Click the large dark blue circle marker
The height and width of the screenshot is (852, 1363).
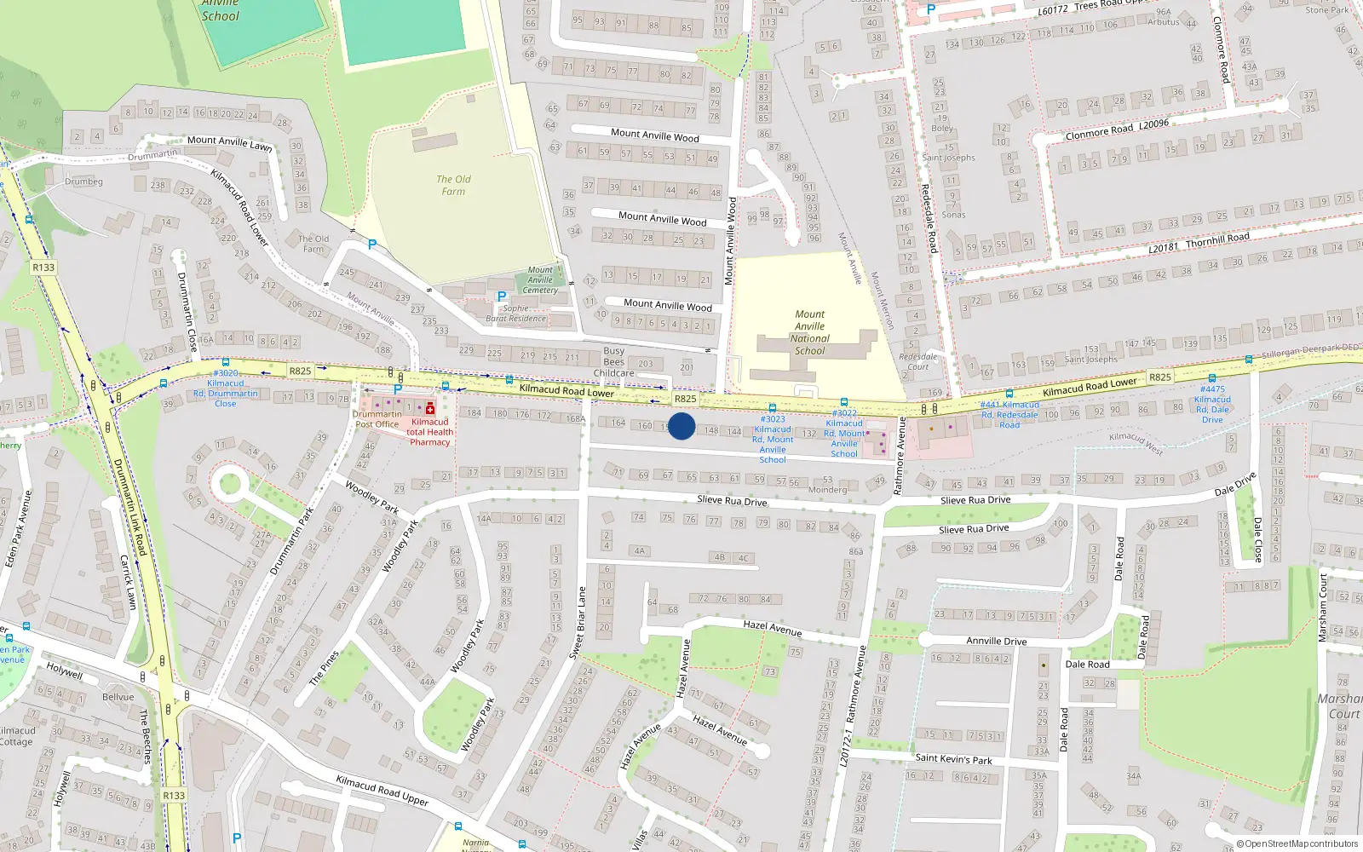681,426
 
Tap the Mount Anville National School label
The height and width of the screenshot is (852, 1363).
809,332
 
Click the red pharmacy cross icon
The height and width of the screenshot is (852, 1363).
430,408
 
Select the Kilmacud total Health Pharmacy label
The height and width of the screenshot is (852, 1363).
430,432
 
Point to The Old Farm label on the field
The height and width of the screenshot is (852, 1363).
453,185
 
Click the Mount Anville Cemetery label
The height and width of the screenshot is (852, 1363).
540,280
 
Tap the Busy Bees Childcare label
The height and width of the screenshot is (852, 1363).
613,362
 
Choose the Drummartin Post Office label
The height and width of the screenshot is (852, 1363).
377,419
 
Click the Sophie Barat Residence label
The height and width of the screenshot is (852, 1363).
515,314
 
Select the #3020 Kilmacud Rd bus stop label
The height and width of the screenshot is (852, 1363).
225,388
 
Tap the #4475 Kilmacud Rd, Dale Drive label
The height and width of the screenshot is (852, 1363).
1212,404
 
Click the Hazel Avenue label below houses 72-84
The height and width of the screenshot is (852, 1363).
772,628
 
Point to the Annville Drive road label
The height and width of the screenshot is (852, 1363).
996,641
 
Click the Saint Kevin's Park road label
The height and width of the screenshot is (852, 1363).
953,758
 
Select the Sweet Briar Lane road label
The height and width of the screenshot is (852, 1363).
577,622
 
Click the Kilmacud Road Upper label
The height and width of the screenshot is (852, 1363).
382,791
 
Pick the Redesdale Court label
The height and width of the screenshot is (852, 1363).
917,361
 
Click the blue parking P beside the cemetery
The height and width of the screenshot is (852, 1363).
501,296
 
